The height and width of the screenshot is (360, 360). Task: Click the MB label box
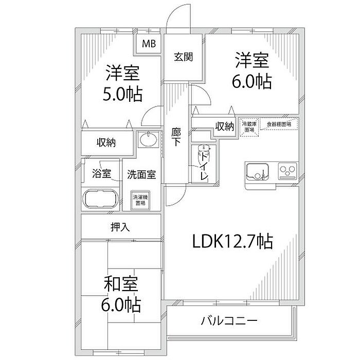(149, 45)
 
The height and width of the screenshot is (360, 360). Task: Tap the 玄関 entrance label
(183, 57)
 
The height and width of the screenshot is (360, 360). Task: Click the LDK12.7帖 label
(232, 241)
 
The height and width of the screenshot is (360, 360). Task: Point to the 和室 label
(122, 284)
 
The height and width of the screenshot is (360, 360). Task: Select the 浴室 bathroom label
(101, 174)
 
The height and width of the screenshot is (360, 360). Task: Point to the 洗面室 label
(141, 174)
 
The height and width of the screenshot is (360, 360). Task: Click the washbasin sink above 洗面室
(149, 140)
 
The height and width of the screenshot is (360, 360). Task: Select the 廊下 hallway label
(176, 137)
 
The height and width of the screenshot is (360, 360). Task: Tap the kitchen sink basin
(257, 171)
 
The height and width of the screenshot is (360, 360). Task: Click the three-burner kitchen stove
(286, 170)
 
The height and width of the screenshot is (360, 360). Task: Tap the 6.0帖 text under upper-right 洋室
(252, 82)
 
